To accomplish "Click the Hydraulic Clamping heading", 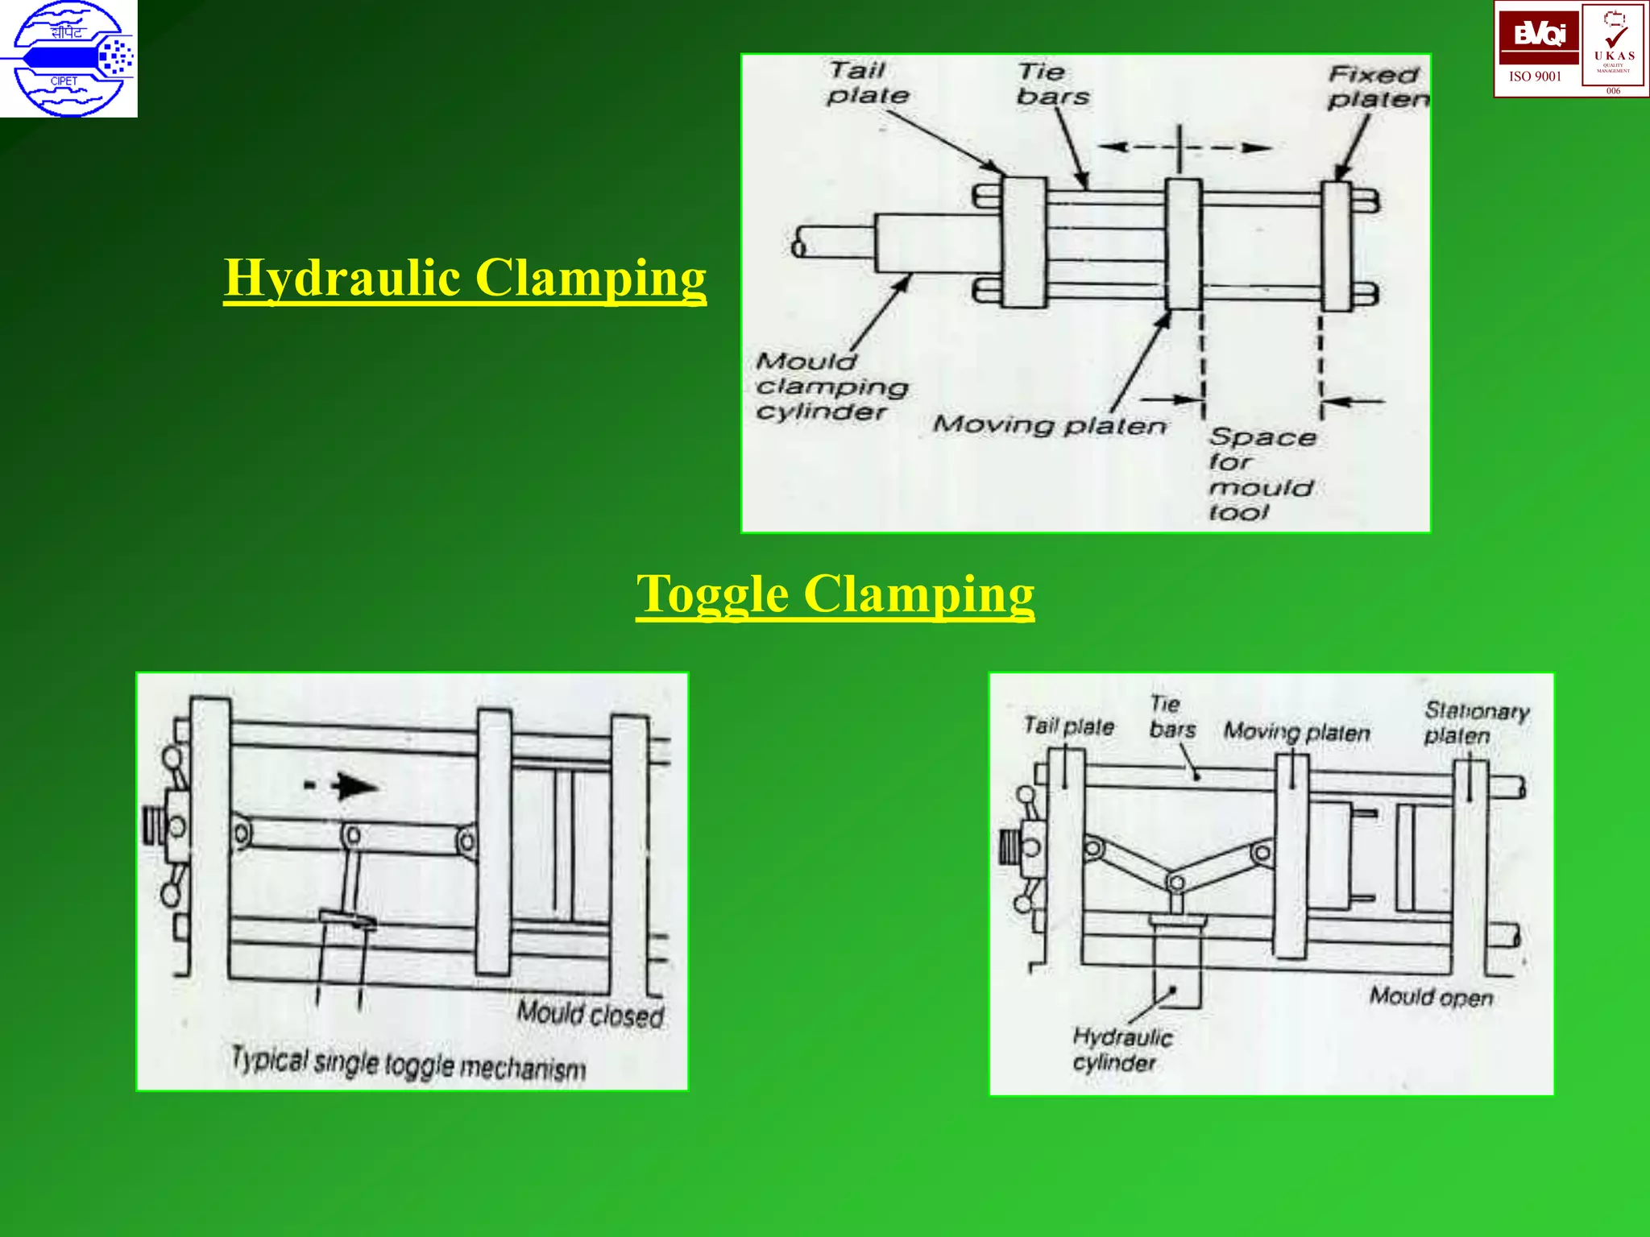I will coord(465,279).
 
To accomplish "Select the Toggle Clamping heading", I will coord(835,594).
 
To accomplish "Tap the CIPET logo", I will coord(68,59).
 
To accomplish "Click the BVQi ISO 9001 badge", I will coord(1537,48).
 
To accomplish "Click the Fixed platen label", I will coord(1378,87).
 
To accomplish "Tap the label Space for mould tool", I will coord(1261,474).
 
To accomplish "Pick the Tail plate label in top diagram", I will coord(867,83).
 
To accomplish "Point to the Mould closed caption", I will coord(591,1014).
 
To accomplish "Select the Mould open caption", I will coord(1431,997).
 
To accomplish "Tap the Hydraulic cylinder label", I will coord(1121,1049).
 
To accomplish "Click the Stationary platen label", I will coord(1475,722).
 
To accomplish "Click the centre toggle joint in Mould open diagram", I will coord(1175,883).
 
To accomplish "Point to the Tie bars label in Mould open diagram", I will coord(1172,717).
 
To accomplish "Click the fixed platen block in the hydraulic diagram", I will coord(1337,246).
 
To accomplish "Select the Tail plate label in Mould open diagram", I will coord(1068,726).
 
